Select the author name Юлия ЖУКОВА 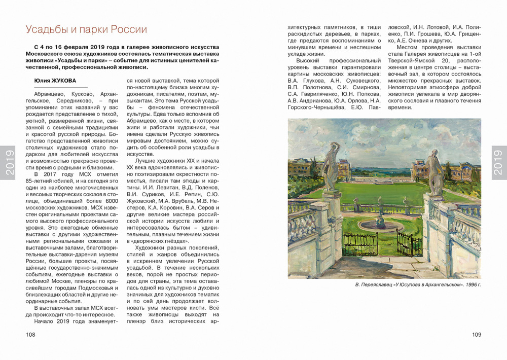coord(55,81)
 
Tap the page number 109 coord(476,335)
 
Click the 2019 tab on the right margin coord(498,162)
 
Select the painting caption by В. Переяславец coord(418,285)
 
